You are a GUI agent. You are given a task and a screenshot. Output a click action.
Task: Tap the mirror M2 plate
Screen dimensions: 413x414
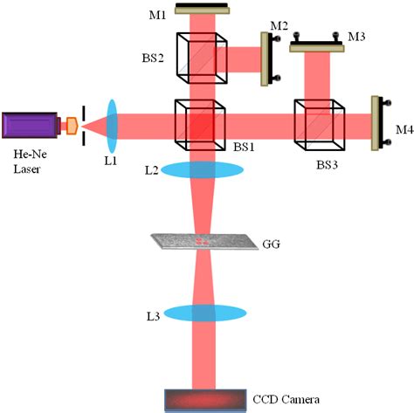(265, 59)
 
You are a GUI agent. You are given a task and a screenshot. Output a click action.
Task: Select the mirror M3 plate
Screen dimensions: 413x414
(315, 47)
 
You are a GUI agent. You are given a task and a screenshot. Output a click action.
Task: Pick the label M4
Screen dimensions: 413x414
(404, 130)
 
